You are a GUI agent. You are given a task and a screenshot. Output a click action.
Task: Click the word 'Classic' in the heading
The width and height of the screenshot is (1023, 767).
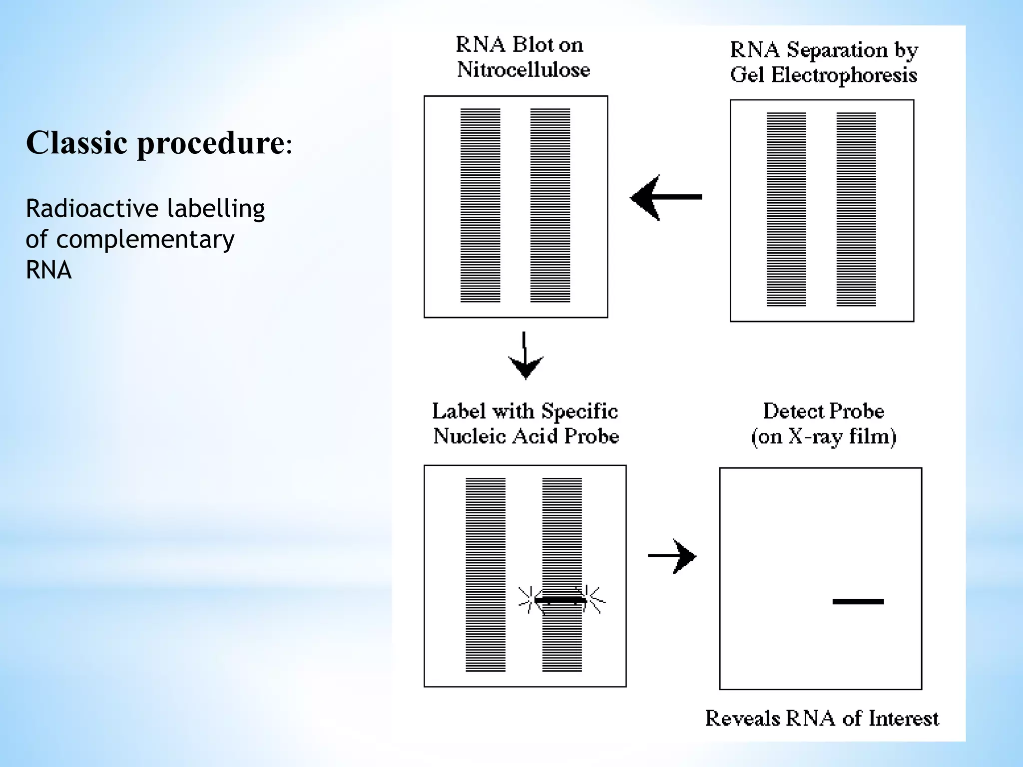point(76,143)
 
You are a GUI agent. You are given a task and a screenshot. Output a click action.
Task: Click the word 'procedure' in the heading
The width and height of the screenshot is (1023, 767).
point(210,144)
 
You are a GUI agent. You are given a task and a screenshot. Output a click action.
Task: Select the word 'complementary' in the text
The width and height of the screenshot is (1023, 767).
point(145,240)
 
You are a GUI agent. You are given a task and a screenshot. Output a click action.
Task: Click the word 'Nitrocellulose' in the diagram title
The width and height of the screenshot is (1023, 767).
point(523,69)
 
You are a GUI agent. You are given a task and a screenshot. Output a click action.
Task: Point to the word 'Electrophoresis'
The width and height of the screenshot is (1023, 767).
point(844,75)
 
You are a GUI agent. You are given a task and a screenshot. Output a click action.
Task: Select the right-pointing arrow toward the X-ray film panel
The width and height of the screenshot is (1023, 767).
point(672,556)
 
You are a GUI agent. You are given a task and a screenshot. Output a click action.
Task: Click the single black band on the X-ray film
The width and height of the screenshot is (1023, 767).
point(858,602)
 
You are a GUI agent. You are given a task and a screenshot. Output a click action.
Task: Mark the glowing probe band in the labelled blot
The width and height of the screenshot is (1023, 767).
point(561,599)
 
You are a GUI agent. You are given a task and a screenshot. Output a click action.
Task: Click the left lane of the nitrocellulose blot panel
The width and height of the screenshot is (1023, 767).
point(480,205)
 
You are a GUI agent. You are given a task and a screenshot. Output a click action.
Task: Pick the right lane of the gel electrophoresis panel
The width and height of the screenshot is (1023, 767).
point(856,209)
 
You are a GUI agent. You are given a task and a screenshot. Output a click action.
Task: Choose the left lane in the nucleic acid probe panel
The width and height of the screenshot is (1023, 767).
point(486,575)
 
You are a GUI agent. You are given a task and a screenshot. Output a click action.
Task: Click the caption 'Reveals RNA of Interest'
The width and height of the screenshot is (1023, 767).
point(822,719)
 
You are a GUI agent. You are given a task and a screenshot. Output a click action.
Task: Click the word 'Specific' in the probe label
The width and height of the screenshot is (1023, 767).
point(579,411)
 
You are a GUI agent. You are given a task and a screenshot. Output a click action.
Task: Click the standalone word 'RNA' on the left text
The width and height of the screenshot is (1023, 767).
point(48,270)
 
